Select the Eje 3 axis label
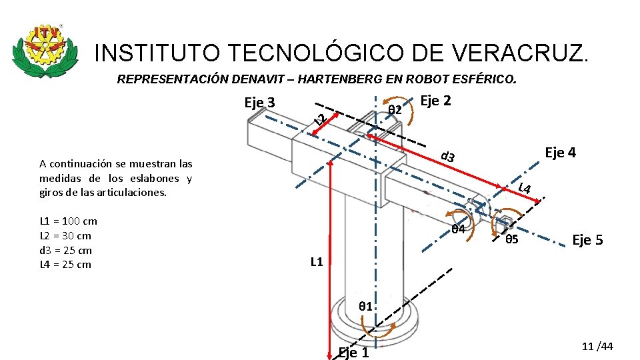coord(260,103)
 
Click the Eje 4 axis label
coord(561,153)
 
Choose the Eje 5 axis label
coord(587,240)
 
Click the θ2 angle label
coord(395,109)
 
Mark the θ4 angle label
coord(458,229)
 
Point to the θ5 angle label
coord(512,239)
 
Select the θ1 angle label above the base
coord(365,307)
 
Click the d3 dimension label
coord(449,157)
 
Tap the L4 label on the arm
coord(525,189)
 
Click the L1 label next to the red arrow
coord(317,262)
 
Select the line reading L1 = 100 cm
coord(68,221)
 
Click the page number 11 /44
coord(597,347)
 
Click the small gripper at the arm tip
coord(505,223)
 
